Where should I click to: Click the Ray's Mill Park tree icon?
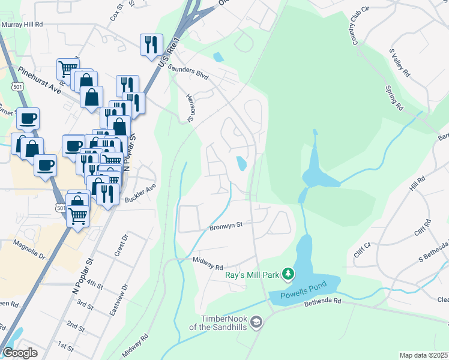click(289, 274)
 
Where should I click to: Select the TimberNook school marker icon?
click(257, 322)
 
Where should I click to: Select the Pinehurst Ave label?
click(40, 80)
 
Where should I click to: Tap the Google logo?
click(20, 352)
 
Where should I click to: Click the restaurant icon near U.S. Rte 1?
click(149, 44)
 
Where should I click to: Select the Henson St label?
click(191, 107)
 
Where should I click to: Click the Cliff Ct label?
click(364, 246)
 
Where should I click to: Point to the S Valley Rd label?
click(399, 63)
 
